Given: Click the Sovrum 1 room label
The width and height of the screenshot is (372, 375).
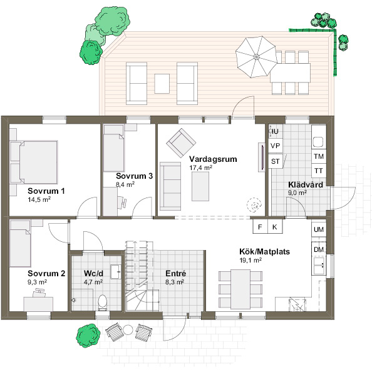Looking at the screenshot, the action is coord(46,191).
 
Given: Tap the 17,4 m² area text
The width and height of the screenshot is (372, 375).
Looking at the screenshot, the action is coord(200,167).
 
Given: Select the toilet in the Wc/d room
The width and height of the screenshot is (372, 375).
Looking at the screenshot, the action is coord(103,302).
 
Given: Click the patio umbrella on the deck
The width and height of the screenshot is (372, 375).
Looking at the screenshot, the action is coord(257,57).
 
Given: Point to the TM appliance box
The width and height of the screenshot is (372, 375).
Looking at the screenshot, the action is coord(319,156).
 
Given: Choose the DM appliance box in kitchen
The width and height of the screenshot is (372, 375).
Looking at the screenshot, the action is coord(319,249).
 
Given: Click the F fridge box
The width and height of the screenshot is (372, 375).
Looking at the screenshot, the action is coord(261,226).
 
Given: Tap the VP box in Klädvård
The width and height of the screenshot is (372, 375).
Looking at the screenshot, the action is coord(276,146).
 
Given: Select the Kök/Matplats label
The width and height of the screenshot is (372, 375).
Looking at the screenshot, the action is coord(265,252).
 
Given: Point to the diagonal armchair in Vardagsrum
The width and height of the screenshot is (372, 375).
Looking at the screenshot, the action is coord(181,143).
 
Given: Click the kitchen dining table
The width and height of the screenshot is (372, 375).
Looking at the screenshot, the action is coord(240,289).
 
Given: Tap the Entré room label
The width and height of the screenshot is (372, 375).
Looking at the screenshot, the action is coord(176,273).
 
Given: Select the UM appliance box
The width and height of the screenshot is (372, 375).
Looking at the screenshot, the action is coord(319,229).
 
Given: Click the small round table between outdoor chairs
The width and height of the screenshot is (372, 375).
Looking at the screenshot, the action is coord(128,330).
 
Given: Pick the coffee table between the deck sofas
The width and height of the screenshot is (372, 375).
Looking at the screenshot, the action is coord(162,84).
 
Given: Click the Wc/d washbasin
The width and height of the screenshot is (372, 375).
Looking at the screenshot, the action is coord(116,272).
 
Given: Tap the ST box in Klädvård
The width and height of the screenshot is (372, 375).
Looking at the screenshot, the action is coord(276,161).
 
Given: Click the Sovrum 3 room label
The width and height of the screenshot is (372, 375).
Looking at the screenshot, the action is coord(134,176).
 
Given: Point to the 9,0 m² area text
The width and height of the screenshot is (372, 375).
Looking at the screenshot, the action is coord(297,192).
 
